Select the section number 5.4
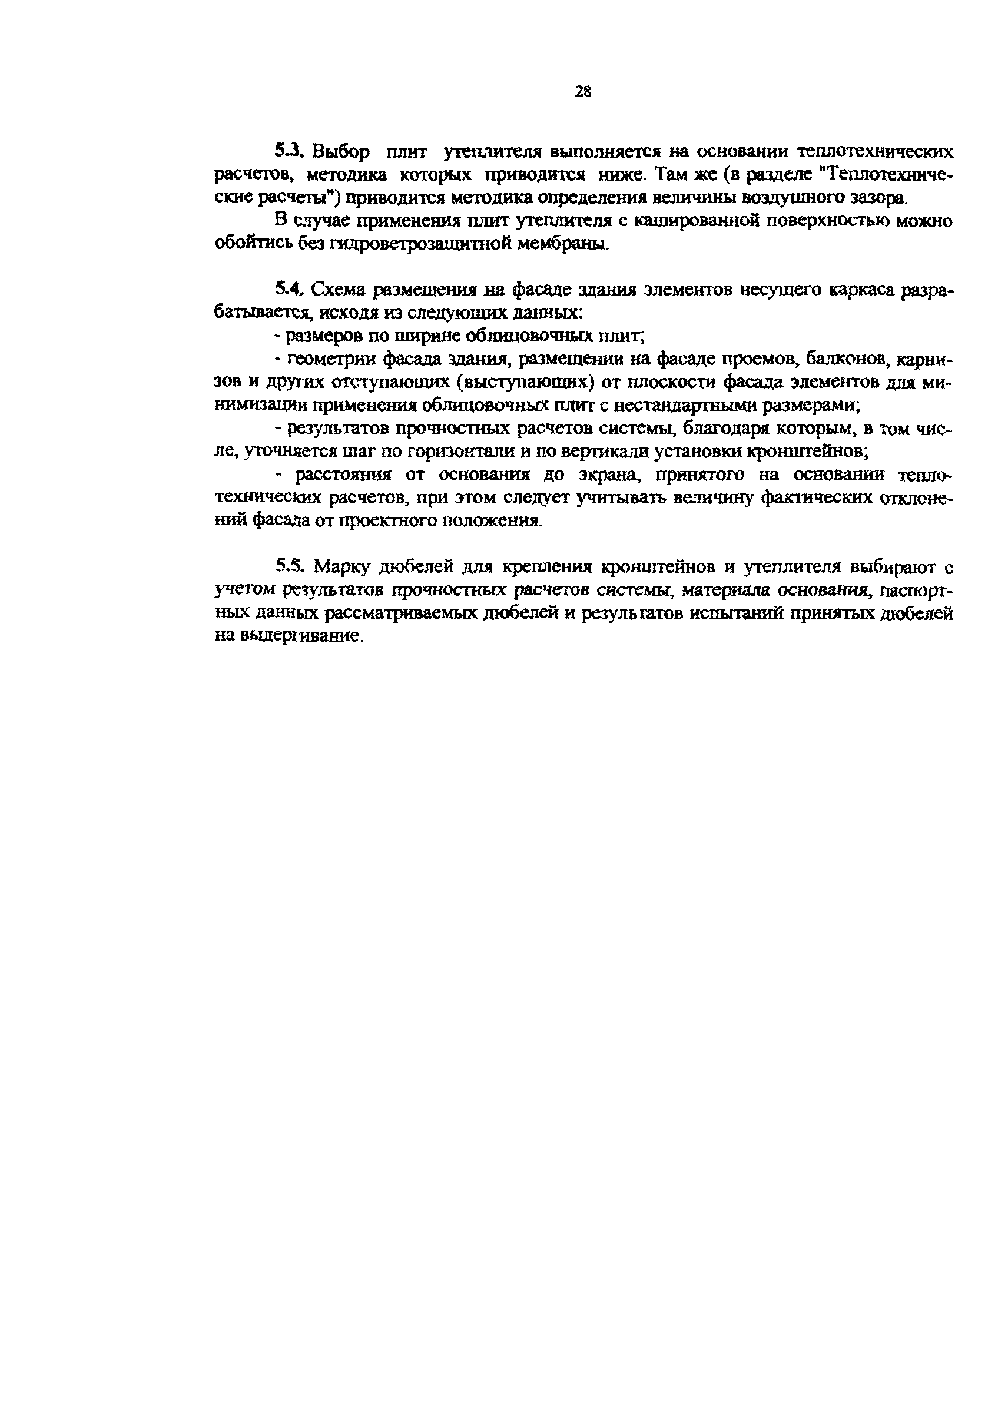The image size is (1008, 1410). click(x=288, y=289)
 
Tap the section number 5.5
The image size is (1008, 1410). click(x=289, y=566)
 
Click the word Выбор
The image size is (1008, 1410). click(x=341, y=152)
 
